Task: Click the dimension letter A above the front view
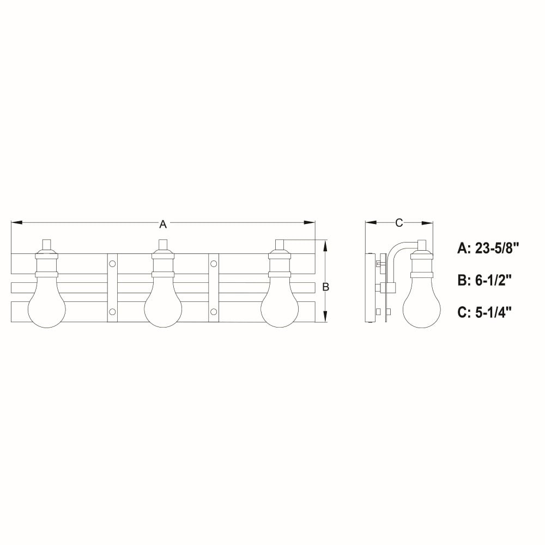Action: [162, 225]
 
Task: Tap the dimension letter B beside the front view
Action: [326, 287]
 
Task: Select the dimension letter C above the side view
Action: [399, 223]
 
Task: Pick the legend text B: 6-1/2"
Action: [485, 280]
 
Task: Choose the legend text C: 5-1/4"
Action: [485, 312]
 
